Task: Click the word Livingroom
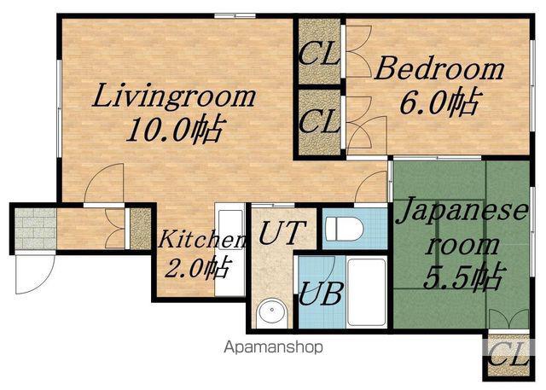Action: (174, 96)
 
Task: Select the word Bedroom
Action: (439, 69)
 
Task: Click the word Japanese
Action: (462, 210)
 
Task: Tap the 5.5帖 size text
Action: (464, 276)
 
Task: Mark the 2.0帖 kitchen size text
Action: (197, 269)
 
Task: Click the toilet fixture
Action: (345, 229)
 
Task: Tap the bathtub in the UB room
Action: (367, 292)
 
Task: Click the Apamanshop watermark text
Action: (273, 347)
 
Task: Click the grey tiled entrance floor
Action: (35, 229)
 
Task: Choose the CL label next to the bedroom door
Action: (319, 120)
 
